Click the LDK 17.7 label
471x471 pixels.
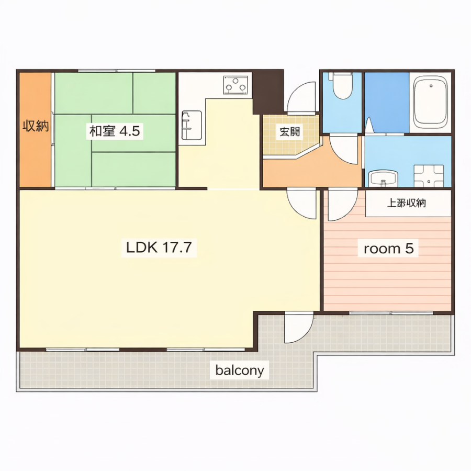159,248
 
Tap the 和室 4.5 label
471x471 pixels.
115,131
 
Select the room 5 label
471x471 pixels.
388,249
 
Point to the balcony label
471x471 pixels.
239,371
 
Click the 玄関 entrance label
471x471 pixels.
289,131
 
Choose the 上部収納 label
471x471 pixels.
406,204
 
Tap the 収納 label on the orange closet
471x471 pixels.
36,126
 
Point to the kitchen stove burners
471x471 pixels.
235,85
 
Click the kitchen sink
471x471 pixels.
192,125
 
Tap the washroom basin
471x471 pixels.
383,178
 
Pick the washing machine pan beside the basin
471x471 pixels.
429,176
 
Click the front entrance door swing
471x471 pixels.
301,97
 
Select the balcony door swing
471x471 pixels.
299,328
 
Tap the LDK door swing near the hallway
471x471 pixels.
301,204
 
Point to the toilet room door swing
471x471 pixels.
344,150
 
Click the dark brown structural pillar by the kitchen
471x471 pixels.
268,92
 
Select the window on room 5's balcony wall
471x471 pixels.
391,313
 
